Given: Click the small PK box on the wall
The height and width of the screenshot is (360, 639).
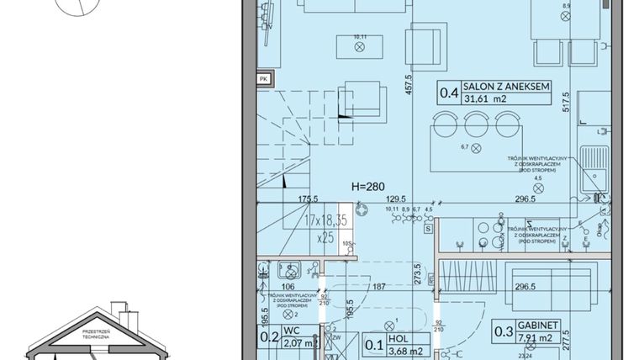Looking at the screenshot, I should point(264,79).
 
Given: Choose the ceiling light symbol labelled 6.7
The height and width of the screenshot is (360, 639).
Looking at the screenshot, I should point(478,151).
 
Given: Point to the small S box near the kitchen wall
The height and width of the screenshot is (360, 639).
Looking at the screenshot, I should point(427,228).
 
